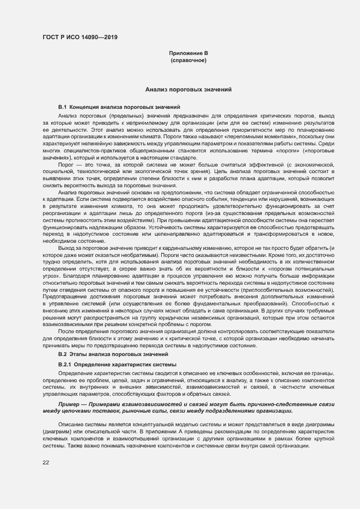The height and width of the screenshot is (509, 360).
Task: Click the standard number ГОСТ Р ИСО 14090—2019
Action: [80, 38]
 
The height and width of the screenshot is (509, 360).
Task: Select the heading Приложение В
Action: [188, 53]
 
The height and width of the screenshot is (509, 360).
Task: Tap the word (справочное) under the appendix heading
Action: [188, 60]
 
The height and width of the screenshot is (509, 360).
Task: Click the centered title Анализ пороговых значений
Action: [188, 88]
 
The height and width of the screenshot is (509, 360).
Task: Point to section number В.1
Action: [62, 107]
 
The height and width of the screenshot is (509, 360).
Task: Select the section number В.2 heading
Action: [62, 354]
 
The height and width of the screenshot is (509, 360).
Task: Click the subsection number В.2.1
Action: [65, 364]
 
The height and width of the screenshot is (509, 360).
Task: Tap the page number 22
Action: [46, 463]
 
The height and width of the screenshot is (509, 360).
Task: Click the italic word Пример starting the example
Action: [70, 404]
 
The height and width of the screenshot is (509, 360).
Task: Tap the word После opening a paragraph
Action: [66, 330]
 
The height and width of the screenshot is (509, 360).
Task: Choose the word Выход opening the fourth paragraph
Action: [68, 248]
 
